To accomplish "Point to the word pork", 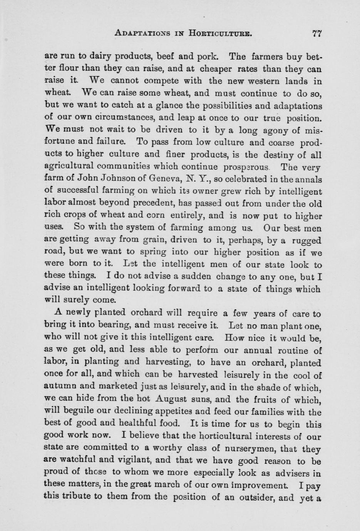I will (208, 57).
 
